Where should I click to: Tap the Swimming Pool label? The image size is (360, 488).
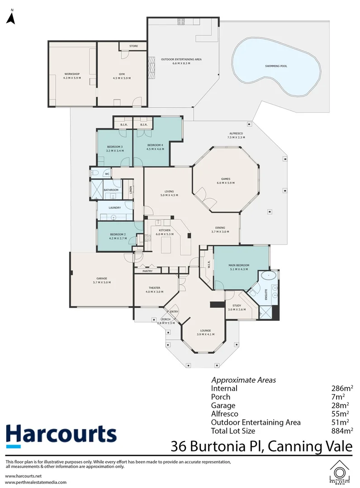pyautogui.click(x=276, y=66)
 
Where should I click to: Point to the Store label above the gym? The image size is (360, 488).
pyautogui.click(x=133, y=46)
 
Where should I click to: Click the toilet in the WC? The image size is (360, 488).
pyautogui.click(x=95, y=174)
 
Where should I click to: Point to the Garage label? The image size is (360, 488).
pyautogui.click(x=101, y=280)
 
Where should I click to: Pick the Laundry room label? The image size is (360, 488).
pyautogui.click(x=115, y=208)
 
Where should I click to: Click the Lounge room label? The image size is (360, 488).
pyautogui.click(x=205, y=332)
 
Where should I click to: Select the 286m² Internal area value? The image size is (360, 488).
pyautogui.click(x=342, y=389)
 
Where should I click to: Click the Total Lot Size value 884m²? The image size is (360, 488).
pyautogui.click(x=342, y=431)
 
